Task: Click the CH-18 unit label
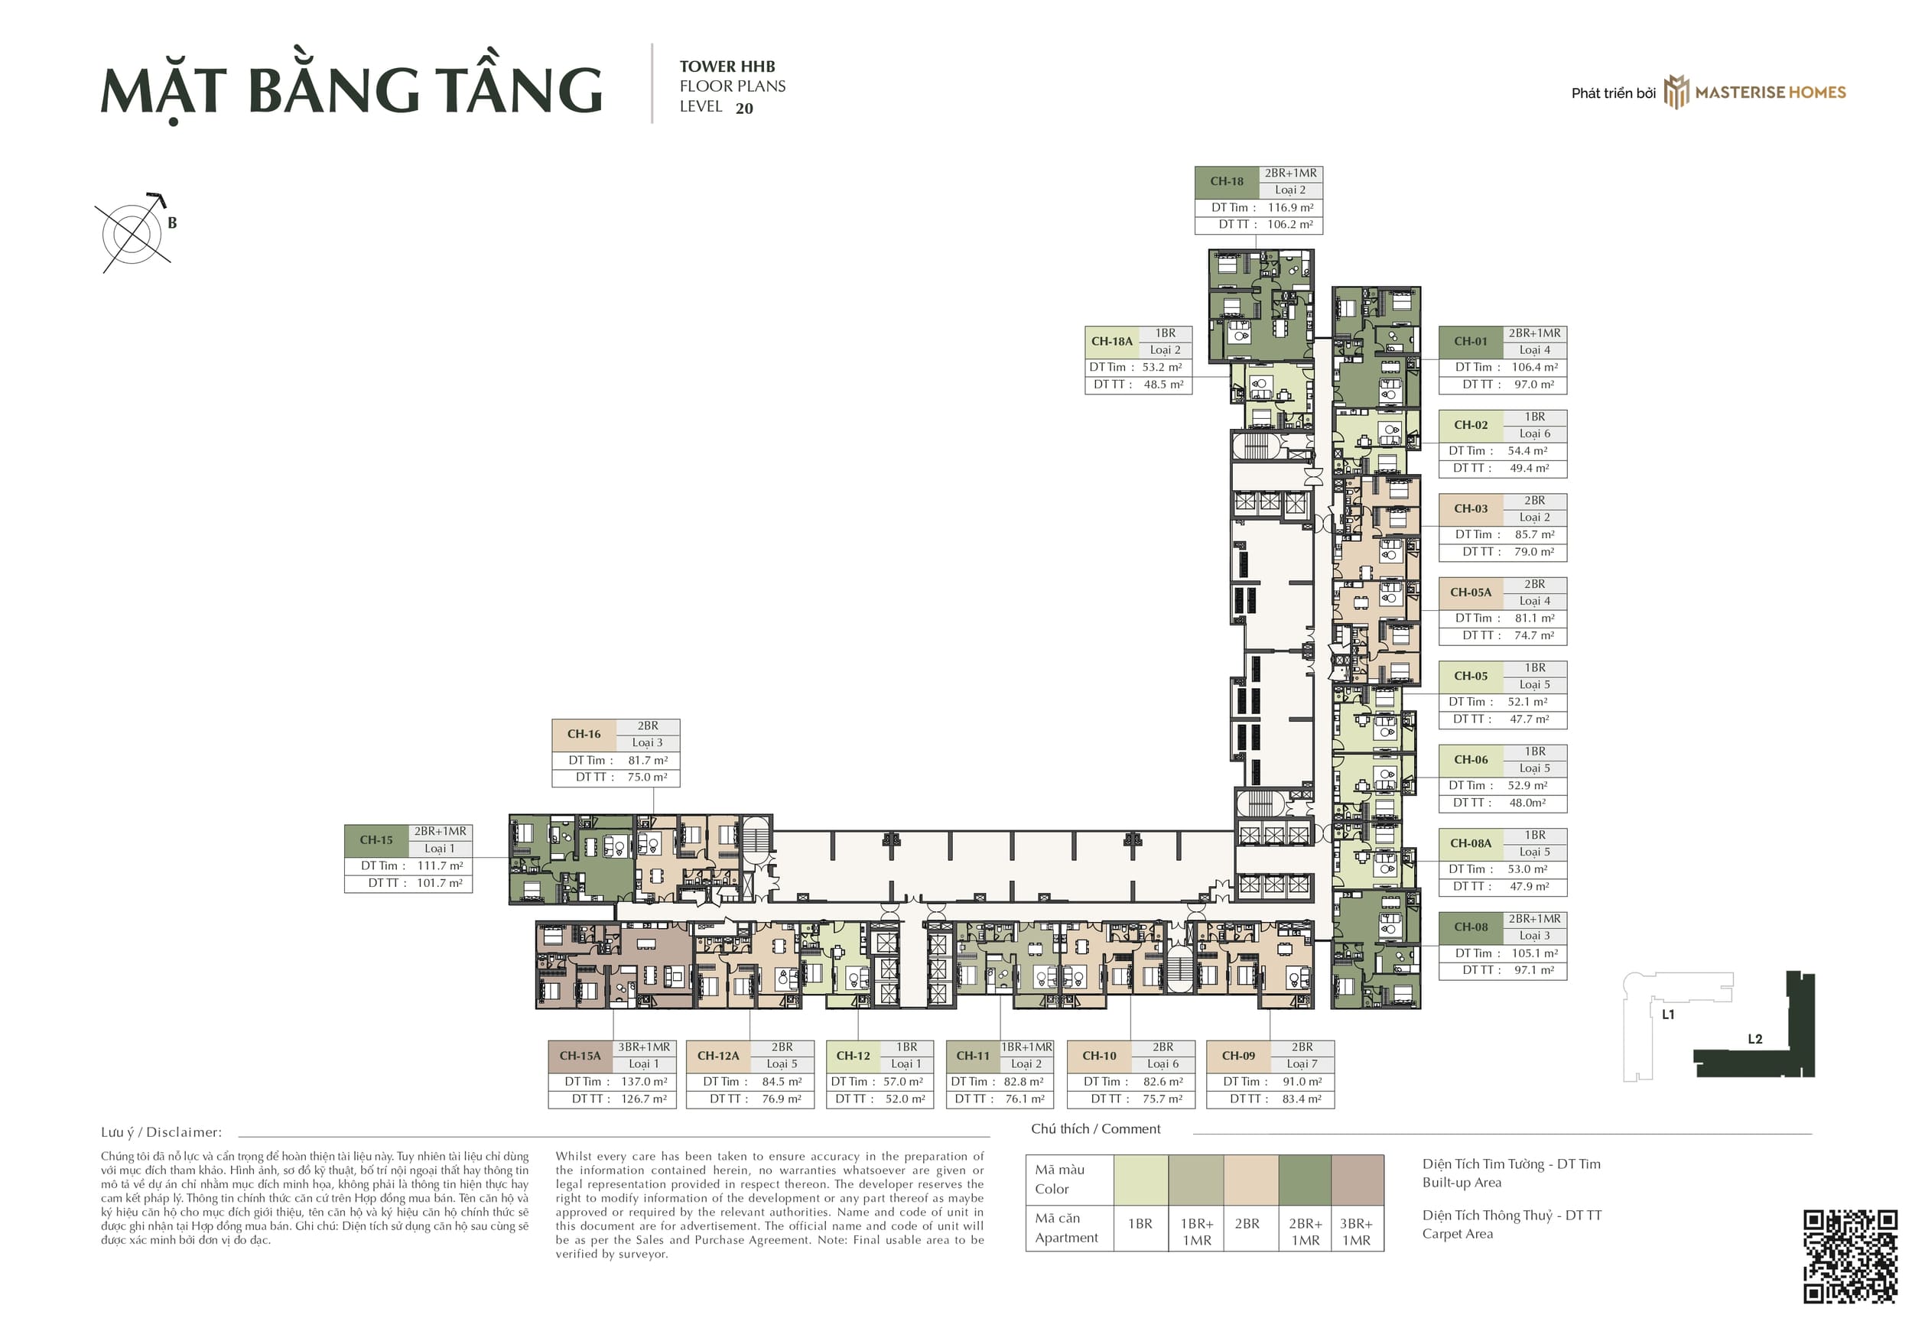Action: click(x=1227, y=182)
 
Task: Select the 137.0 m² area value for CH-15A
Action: click(x=644, y=1082)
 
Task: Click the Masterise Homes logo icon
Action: click(x=1676, y=92)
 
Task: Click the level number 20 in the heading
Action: click(x=744, y=109)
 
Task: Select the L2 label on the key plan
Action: click(x=1754, y=1040)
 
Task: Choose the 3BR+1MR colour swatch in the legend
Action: click(x=1357, y=1180)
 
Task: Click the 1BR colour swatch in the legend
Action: click(x=1140, y=1180)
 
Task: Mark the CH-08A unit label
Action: click(x=1470, y=844)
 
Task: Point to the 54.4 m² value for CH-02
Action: click(x=1527, y=451)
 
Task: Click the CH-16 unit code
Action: click(x=583, y=734)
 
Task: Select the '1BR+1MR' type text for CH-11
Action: click(x=1026, y=1047)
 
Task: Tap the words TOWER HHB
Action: click(x=727, y=67)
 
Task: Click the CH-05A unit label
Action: click(x=1470, y=593)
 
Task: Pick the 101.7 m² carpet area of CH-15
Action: click(x=440, y=884)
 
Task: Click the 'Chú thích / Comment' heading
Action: click(x=1095, y=1129)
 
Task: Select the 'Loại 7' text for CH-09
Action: click(x=1302, y=1064)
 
